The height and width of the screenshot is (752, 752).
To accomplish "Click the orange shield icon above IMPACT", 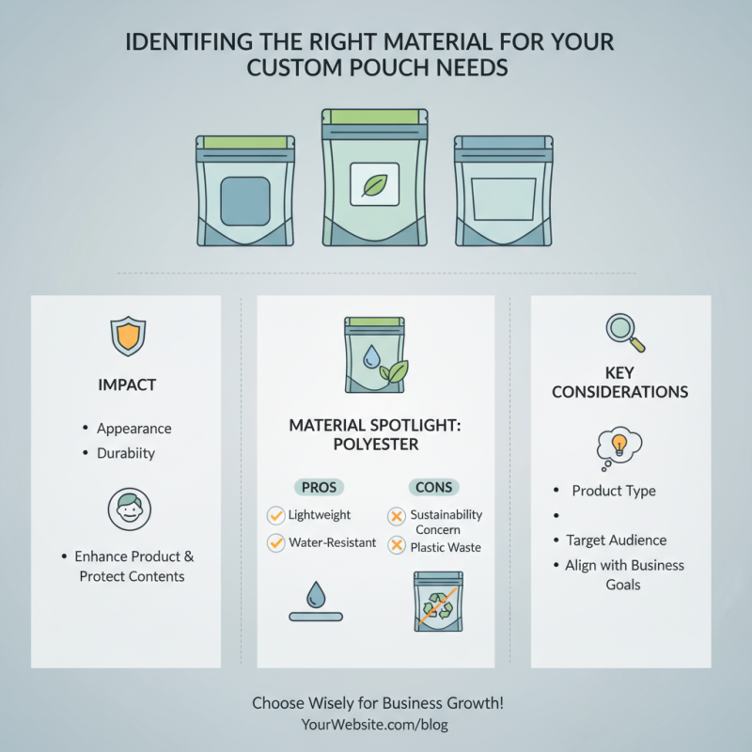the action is (x=128, y=336).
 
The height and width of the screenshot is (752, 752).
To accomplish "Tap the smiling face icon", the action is (x=130, y=509).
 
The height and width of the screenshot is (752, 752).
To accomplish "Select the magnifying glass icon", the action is (x=625, y=333).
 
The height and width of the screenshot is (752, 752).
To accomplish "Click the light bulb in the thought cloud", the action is (x=619, y=445).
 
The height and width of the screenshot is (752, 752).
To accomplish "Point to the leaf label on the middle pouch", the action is (x=374, y=184).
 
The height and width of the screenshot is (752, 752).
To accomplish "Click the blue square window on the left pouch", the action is (x=245, y=201).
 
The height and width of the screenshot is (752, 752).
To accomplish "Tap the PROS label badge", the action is (x=319, y=487).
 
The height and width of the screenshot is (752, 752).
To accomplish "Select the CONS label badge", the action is (x=434, y=487).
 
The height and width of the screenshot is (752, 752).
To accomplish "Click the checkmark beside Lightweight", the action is (x=275, y=515).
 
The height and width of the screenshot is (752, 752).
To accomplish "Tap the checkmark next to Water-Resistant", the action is (x=275, y=543).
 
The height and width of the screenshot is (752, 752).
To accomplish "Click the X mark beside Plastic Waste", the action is (x=397, y=545).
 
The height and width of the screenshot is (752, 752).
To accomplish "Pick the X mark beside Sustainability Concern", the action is (x=397, y=516).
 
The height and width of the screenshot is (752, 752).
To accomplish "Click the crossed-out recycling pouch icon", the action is (x=438, y=602).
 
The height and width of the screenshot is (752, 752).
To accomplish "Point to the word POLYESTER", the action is (x=376, y=445).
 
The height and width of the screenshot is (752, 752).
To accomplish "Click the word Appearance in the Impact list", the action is (x=134, y=429).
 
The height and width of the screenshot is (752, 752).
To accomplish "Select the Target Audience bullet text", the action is (x=617, y=540).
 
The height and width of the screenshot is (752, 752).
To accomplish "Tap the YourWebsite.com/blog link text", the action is (x=374, y=724).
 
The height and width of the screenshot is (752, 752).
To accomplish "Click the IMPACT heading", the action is (x=127, y=384).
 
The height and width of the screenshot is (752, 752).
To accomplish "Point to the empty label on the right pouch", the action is (x=504, y=199).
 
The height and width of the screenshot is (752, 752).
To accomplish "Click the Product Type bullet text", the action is (x=614, y=491).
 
